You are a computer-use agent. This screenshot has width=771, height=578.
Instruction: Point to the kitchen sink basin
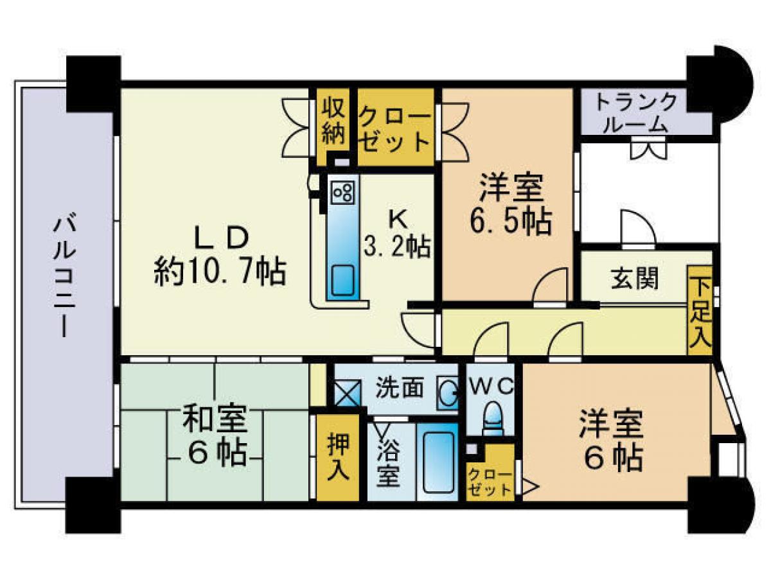tap(343, 280)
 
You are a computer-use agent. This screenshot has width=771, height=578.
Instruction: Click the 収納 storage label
tap(333, 122)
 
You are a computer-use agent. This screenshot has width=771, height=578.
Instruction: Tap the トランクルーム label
tap(635, 112)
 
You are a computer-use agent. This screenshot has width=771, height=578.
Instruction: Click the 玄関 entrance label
tap(634, 280)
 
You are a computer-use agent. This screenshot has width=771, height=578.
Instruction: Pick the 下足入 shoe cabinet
tap(699, 310)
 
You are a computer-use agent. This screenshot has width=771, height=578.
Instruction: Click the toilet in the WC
tap(493, 418)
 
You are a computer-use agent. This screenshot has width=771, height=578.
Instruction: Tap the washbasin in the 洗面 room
tap(447, 393)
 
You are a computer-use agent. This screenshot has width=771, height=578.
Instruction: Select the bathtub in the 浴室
tap(438, 463)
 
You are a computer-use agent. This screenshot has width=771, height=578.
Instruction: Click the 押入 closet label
tap(338, 458)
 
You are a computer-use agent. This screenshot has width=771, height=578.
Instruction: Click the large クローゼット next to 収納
tap(396, 127)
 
